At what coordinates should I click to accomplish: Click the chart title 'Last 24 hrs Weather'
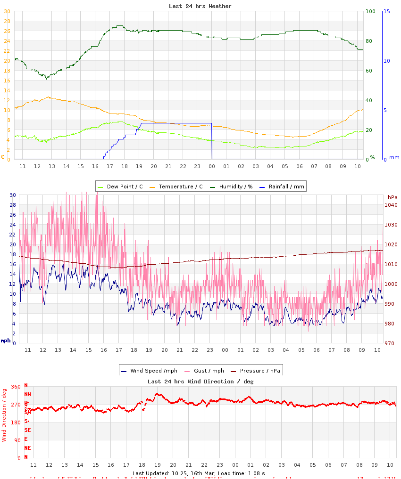[x=200, y=6]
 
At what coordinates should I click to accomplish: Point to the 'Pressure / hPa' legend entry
[x=259, y=371]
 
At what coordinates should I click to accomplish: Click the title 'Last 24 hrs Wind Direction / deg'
[x=200, y=382]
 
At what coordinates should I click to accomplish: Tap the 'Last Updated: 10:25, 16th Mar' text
[x=170, y=473]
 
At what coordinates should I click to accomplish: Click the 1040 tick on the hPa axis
[x=391, y=205]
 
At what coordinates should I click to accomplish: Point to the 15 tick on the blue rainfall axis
[x=386, y=11]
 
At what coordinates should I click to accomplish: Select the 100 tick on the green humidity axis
[x=370, y=11]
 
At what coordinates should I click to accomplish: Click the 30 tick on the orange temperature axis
[x=7, y=11]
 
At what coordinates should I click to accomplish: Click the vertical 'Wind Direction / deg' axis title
[x=4, y=414]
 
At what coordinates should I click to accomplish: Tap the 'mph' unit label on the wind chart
[x=5, y=341]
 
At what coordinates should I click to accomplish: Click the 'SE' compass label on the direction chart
[x=27, y=430]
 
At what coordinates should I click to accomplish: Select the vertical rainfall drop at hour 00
[x=212, y=141]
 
